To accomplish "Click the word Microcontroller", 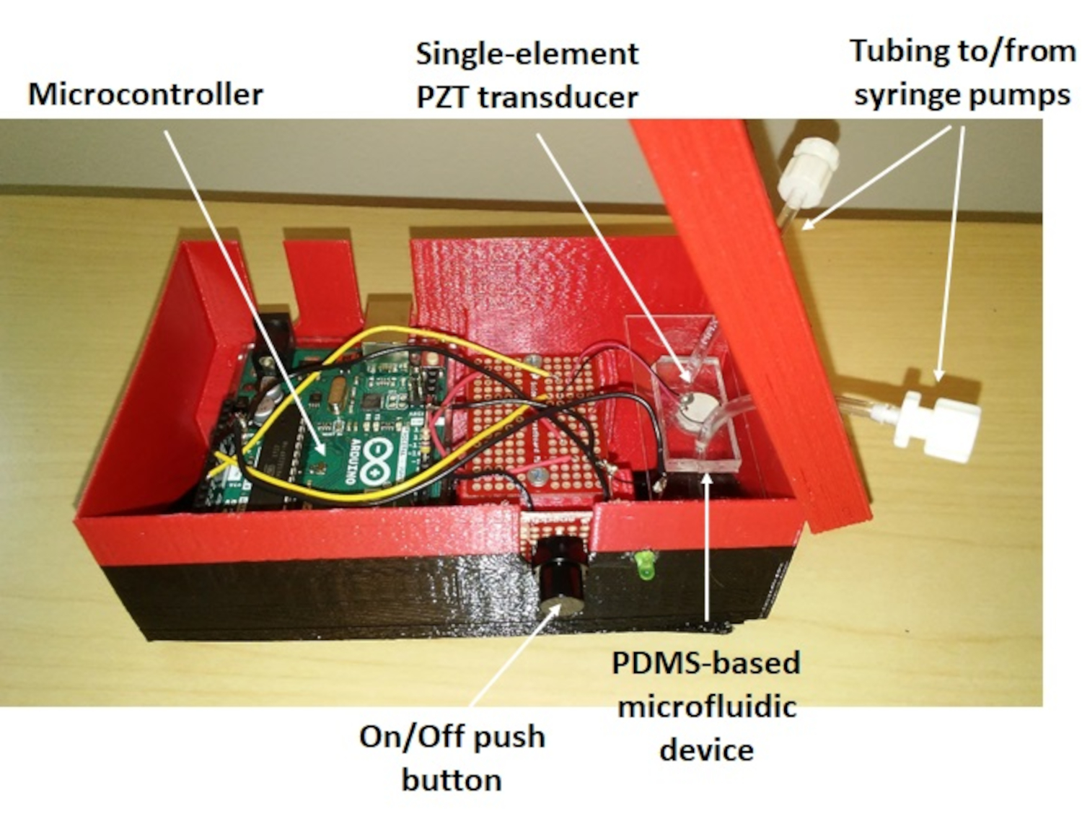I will [x=146, y=95].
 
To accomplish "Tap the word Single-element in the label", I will [x=527, y=54].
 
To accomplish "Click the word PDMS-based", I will [x=705, y=662].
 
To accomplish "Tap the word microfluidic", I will [x=707, y=706].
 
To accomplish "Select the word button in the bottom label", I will [x=452, y=780].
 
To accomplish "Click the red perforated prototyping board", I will [x=534, y=426].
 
